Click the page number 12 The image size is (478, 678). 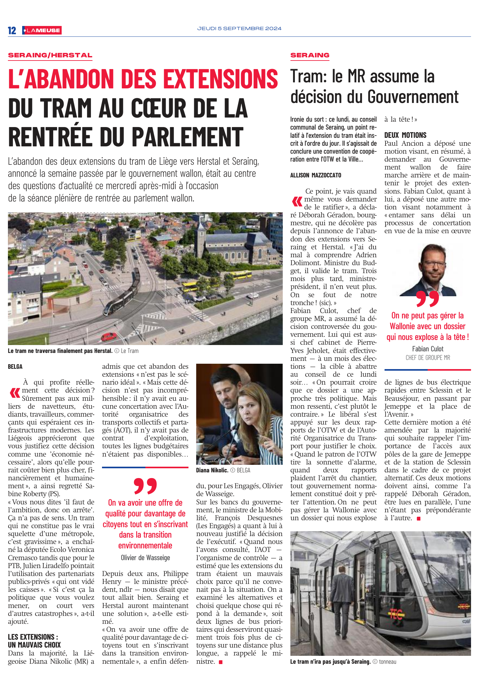click(x=12, y=30)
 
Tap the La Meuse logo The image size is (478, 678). click(x=42, y=30)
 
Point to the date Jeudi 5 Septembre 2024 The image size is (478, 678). click(x=239, y=29)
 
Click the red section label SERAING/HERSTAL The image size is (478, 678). click(x=50, y=55)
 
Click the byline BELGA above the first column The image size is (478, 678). click(x=15, y=367)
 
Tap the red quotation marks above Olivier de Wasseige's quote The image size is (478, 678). click(x=145, y=486)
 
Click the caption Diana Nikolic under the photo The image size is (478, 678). click(x=212, y=470)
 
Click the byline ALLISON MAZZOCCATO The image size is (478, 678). click(x=315, y=175)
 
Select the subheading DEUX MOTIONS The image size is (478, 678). click(x=405, y=135)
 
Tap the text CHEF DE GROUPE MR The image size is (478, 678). click(x=428, y=358)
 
